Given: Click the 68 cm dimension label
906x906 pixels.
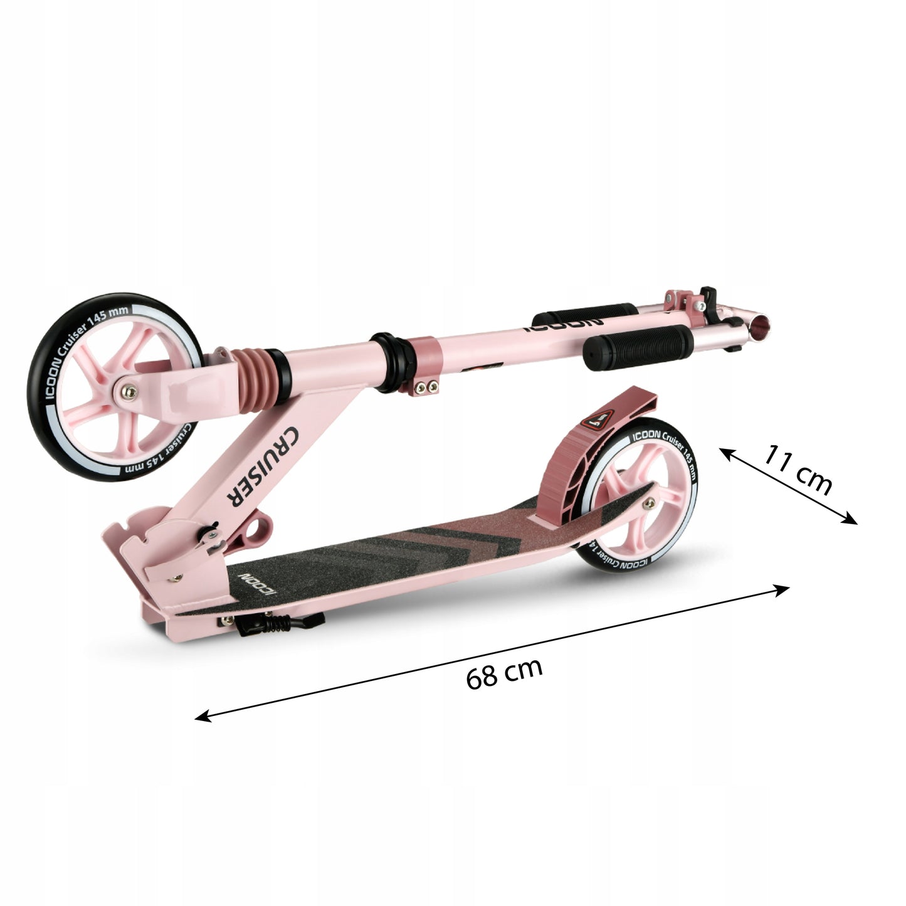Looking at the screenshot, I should pyautogui.click(x=504, y=673).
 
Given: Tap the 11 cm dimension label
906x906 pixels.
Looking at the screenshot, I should pyautogui.click(x=797, y=470).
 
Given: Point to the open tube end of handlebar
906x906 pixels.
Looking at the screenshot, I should pyautogui.click(x=764, y=327).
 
